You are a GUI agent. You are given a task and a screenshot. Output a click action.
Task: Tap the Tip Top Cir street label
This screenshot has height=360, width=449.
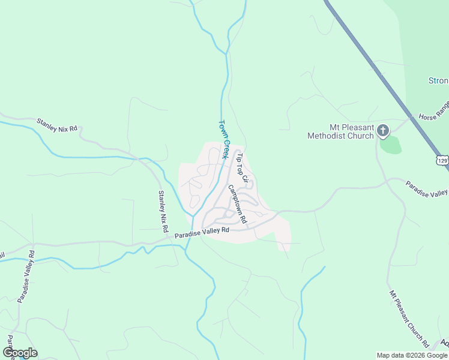point(242,167)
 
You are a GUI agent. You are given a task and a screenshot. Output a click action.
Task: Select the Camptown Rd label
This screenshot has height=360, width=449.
point(237,204)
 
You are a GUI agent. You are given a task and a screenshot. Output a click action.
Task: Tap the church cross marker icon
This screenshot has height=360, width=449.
point(383,131)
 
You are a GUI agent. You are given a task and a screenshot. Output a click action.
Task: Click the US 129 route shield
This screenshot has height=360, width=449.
point(442,161)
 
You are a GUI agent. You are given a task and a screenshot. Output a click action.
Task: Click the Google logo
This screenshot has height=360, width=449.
point(20,353)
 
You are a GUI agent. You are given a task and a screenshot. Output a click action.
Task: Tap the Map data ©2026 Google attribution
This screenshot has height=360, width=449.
point(412,355)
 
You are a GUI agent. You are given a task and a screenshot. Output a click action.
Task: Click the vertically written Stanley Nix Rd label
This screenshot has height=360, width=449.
point(161,212)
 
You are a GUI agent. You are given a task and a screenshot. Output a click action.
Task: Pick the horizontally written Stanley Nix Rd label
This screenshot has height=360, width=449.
point(57,125)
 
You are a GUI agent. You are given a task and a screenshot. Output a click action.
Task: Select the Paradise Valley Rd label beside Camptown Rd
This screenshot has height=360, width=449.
point(202,232)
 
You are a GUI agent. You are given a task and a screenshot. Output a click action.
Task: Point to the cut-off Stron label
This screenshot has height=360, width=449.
point(438,80)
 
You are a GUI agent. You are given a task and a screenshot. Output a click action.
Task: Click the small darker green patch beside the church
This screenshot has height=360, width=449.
point(390,144)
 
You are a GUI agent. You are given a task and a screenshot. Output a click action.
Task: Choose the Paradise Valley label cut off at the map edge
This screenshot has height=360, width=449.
point(427,188)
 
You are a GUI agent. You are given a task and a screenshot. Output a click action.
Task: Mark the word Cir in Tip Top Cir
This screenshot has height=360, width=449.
point(245,178)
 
